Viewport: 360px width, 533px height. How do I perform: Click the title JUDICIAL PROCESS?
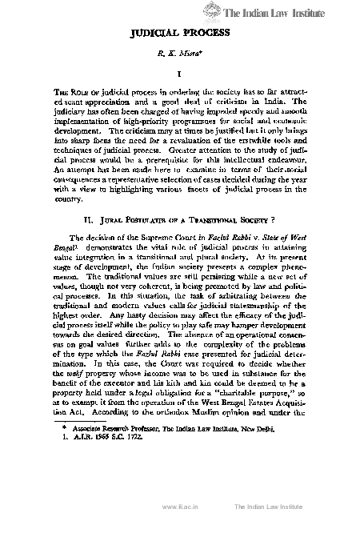tap(181, 34)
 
